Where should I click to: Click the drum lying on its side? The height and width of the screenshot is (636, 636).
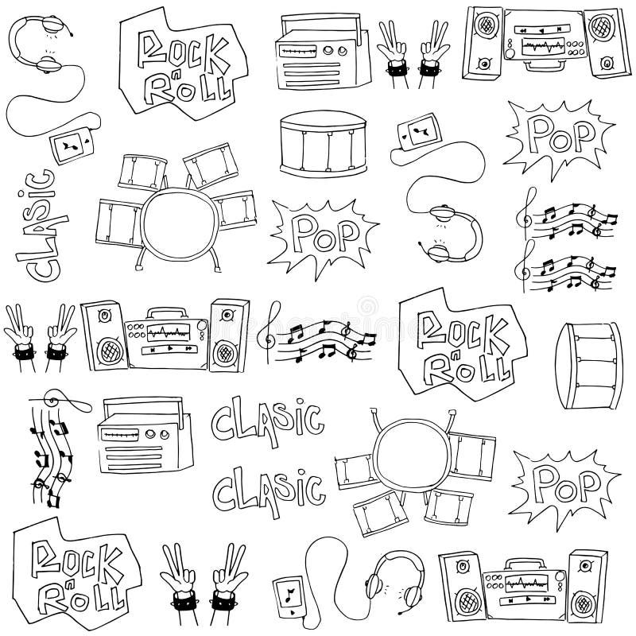pyautogui.click(x=589, y=365)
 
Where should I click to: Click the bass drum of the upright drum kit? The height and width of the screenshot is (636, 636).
pyautogui.click(x=176, y=223)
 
